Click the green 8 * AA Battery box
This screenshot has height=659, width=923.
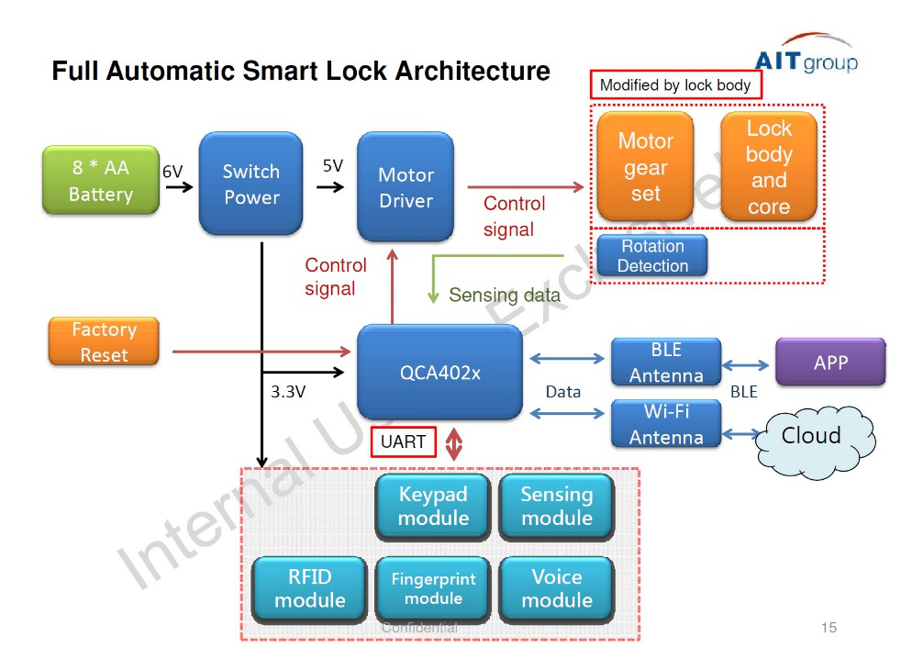point(100,182)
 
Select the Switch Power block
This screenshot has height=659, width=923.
point(250,183)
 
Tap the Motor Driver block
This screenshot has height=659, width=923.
point(406,187)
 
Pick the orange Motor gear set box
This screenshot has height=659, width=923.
point(645,167)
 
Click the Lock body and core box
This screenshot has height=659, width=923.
point(768,167)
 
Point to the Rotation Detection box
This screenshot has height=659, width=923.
point(652,256)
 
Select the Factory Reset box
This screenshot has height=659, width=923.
point(104,342)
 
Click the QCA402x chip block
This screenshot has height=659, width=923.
point(439,373)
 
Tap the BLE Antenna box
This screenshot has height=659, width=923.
point(666,363)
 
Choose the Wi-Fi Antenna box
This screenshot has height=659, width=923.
point(666,424)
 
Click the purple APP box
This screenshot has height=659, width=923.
point(830,362)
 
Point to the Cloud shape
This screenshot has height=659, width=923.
point(811,436)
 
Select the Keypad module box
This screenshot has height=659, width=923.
point(433,506)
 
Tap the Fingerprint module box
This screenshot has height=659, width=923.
point(433,588)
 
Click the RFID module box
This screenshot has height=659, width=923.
point(310,588)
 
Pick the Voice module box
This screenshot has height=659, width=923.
point(556,588)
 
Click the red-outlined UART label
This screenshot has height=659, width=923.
point(403,442)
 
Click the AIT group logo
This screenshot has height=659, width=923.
point(805,57)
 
